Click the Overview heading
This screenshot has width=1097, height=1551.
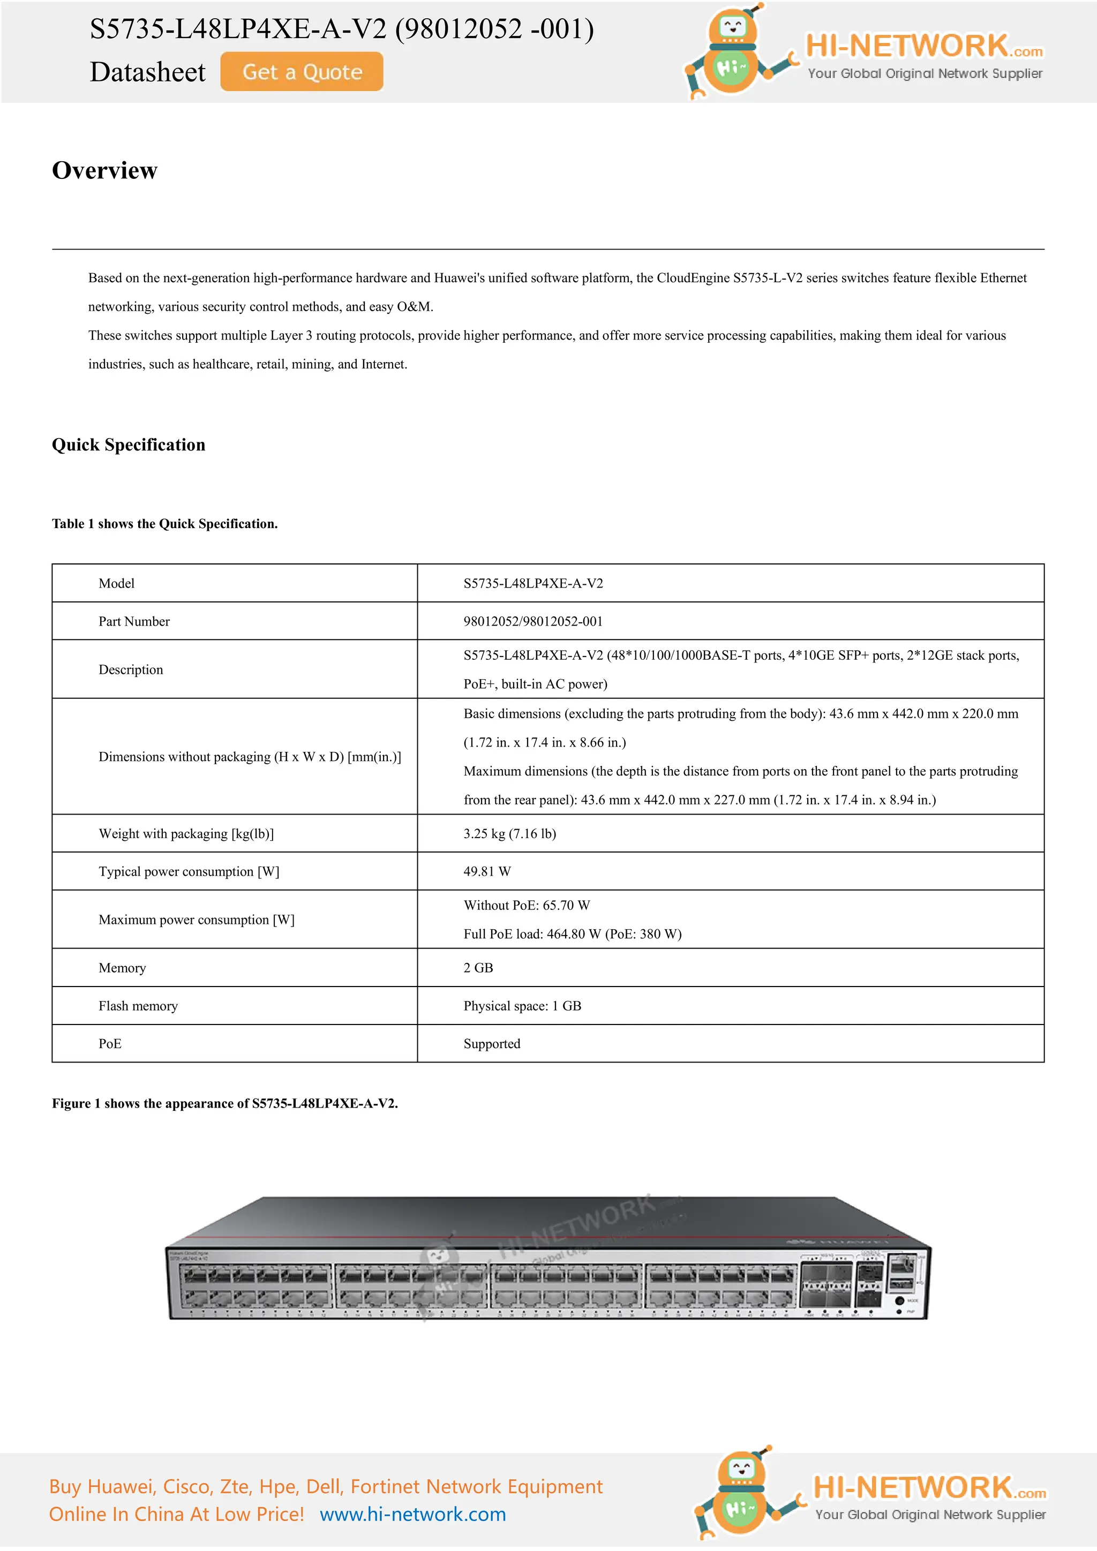coord(104,170)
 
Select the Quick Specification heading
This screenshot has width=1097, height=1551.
coord(129,445)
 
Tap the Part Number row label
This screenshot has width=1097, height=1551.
coord(134,621)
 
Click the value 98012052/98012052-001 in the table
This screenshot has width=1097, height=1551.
coord(532,621)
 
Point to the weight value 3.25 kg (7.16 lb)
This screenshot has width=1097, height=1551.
coord(509,833)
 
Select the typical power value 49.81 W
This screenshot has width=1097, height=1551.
coord(486,871)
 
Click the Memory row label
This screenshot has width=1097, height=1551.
coord(122,968)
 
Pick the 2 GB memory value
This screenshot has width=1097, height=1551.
coord(478,968)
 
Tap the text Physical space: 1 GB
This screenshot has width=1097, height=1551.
coord(522,1006)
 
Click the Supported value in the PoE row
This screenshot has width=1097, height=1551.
coord(491,1044)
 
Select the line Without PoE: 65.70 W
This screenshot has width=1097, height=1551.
coord(526,905)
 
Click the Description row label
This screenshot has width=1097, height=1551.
coord(130,669)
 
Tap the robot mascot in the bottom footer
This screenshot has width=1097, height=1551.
coord(740,1493)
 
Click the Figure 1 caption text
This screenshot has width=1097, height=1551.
coord(224,1103)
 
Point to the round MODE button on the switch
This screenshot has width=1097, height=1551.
coord(899,1300)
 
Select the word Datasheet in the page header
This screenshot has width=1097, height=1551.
coord(147,72)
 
